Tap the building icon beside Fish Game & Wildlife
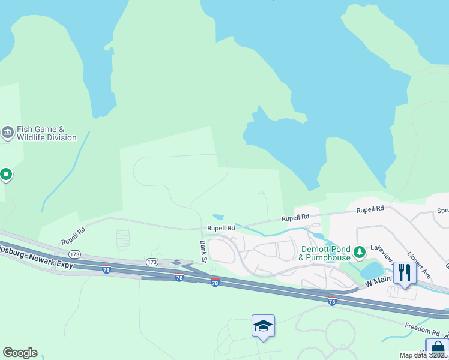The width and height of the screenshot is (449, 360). (8, 131)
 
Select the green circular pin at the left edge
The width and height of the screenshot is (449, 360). (6, 175)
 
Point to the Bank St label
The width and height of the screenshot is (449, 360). (203, 251)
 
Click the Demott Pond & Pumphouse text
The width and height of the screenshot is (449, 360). (325, 253)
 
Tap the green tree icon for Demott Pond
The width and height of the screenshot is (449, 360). (360, 251)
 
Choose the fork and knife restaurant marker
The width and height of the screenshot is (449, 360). (405, 273)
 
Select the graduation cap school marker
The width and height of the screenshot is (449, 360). (263, 326)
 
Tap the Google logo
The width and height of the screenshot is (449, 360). (20, 353)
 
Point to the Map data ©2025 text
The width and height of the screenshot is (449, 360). (424, 355)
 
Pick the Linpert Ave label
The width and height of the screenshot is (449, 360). (418, 265)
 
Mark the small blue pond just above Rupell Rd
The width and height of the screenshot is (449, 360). (218, 217)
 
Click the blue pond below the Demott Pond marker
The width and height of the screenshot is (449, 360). (372, 269)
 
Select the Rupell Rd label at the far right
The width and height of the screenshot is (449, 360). (370, 209)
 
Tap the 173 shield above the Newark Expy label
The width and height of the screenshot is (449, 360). (75, 254)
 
